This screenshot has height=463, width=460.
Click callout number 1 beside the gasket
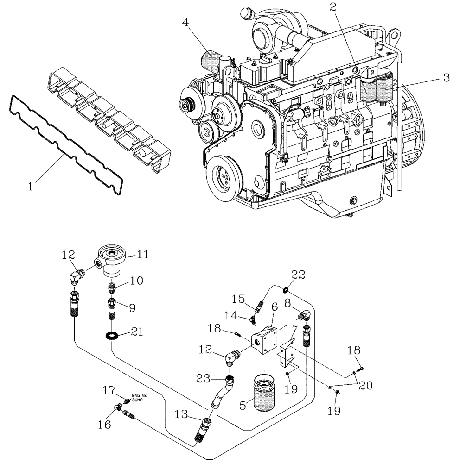tap(31, 187)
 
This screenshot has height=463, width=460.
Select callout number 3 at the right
tap(446, 78)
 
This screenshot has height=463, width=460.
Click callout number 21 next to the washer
tap(137, 332)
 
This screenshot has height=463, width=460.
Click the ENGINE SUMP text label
tap(139, 397)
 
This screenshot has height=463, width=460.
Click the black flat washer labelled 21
tap(111, 335)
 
